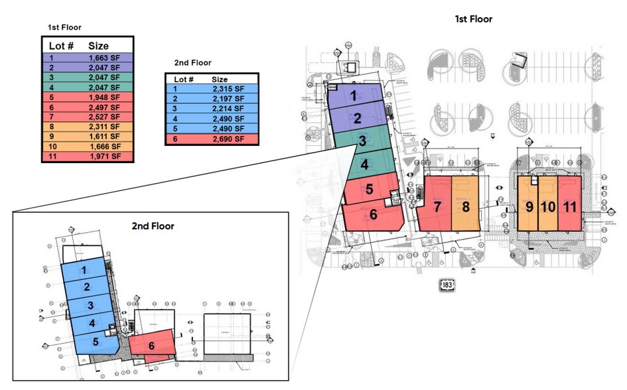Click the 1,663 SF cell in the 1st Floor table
point(104,58)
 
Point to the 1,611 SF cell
point(104,137)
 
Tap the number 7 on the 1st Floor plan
point(437,206)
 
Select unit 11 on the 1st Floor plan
point(569,206)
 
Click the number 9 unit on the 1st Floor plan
point(529,206)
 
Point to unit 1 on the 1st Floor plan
point(354,96)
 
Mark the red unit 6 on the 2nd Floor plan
point(151,345)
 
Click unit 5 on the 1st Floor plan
point(369,189)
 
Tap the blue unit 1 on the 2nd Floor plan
point(84,270)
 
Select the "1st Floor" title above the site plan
point(473,19)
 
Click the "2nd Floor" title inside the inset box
point(153,226)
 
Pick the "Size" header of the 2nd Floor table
point(220,79)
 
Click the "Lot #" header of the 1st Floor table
point(61,46)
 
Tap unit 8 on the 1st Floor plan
point(466,206)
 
